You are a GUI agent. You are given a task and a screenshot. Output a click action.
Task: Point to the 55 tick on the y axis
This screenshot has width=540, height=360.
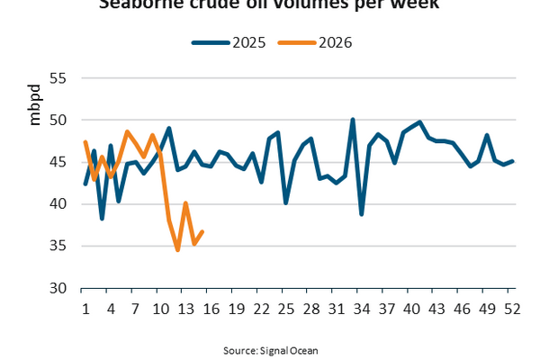(57, 77)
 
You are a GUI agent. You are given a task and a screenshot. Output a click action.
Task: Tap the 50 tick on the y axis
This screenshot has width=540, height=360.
(57, 120)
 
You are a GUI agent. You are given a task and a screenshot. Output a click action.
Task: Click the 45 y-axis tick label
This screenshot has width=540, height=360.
(57, 162)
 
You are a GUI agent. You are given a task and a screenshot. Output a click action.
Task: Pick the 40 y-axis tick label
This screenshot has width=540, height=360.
(57, 204)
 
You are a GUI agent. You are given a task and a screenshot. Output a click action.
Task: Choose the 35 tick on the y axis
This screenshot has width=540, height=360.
(57, 246)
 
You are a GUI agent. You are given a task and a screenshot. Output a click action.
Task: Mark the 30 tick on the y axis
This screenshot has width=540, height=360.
(57, 288)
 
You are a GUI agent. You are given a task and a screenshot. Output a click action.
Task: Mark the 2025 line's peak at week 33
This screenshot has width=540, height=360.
(353, 119)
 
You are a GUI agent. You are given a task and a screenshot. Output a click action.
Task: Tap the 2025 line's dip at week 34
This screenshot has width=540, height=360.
(361, 214)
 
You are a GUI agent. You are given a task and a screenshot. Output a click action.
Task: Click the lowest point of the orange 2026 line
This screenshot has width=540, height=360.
(177, 250)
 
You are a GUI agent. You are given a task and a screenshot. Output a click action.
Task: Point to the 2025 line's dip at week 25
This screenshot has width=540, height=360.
(286, 203)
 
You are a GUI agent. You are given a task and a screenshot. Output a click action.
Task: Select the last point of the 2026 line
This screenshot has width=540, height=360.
(202, 231)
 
